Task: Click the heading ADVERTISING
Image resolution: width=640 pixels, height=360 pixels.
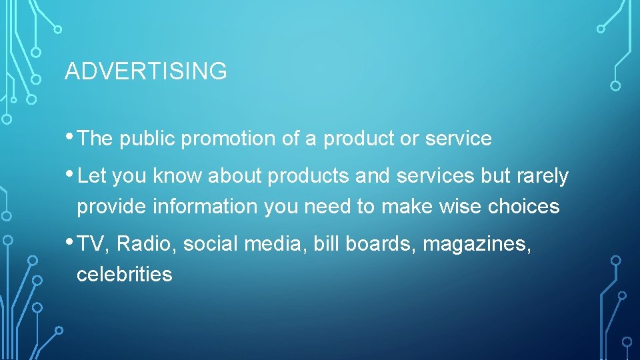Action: pyautogui.click(x=145, y=71)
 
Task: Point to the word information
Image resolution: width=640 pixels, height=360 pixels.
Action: pyautogui.click(x=205, y=207)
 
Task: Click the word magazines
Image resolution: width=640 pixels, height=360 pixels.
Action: pyautogui.click(x=477, y=245)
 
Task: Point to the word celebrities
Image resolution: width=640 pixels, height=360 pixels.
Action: pyautogui.click(x=125, y=274)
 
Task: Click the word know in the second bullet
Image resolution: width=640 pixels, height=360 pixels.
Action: pyautogui.click(x=178, y=176)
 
